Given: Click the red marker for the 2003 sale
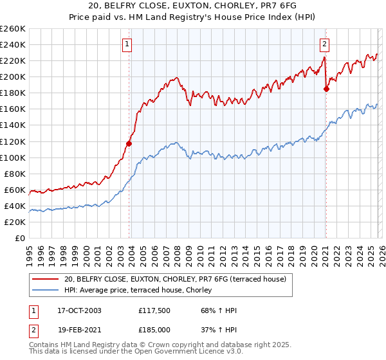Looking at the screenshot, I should click(129, 143).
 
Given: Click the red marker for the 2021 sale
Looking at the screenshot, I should click(326, 89).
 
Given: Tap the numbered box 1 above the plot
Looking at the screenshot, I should click(127, 44).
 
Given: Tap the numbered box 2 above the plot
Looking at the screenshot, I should click(324, 44).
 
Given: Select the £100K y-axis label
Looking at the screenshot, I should click(13, 157).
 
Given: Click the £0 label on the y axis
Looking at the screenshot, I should click(20, 238).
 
